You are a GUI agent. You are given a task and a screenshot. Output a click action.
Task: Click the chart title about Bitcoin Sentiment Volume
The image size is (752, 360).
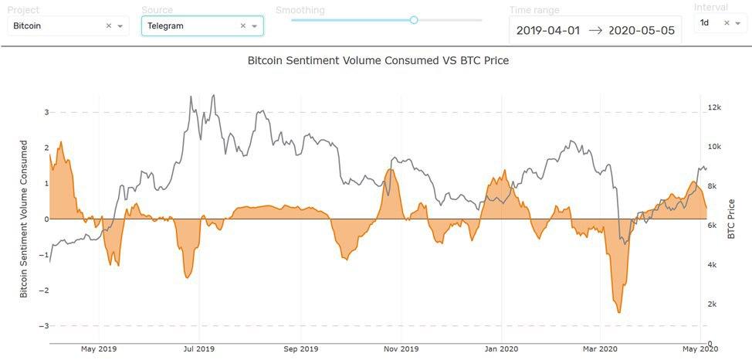(x=378, y=59)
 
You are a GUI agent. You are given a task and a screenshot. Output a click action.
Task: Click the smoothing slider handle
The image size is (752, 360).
(x=414, y=20)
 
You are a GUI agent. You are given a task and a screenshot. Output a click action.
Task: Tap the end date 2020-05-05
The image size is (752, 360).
(x=641, y=31)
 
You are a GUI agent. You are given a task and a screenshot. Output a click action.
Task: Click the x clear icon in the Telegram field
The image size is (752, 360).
(x=242, y=25)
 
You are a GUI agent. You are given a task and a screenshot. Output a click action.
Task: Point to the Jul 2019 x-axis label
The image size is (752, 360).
(x=199, y=349)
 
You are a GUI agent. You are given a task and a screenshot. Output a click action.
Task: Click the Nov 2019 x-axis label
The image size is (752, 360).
(x=401, y=349)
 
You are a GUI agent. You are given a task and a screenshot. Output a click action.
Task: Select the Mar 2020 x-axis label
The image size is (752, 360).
(x=600, y=349)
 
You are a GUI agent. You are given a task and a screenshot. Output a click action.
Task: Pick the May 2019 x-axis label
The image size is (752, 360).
(x=98, y=349)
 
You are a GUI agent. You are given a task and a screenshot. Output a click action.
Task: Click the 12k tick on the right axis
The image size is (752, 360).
(x=715, y=107)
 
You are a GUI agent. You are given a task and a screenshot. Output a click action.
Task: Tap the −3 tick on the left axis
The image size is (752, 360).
(x=44, y=326)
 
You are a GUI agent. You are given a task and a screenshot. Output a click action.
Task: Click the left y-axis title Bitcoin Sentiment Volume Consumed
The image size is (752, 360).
(x=23, y=219)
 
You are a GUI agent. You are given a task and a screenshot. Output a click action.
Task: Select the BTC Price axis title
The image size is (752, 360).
(x=732, y=219)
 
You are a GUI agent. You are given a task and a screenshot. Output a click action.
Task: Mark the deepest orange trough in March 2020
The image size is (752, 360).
(x=619, y=312)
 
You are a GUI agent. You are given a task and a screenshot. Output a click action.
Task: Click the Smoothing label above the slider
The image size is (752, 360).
(x=300, y=10)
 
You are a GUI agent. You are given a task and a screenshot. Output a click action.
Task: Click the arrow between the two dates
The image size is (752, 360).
(x=596, y=31)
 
